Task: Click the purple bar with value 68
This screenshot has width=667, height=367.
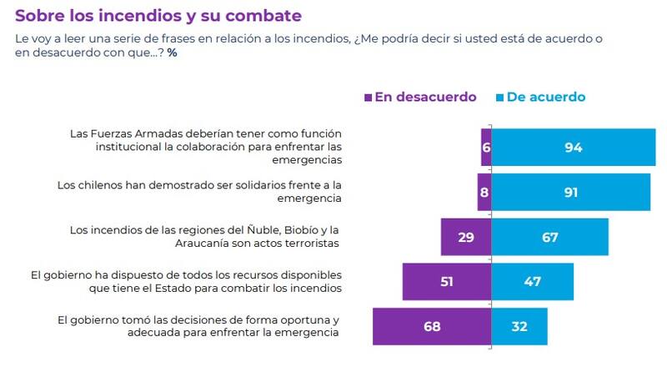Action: click(432, 326)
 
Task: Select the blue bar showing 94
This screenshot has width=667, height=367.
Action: click(573, 148)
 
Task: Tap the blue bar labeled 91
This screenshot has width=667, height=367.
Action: click(570, 192)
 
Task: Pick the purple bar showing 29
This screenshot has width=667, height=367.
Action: click(465, 237)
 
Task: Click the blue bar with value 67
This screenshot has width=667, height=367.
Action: click(549, 237)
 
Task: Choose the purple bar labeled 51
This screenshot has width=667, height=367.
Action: click(446, 281)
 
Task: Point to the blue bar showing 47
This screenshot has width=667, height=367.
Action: click(532, 281)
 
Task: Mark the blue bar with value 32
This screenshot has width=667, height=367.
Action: click(519, 326)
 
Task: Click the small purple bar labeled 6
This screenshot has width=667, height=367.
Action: click(485, 148)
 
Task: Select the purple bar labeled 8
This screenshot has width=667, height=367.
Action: click(484, 192)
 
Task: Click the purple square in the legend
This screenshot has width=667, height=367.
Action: click(369, 98)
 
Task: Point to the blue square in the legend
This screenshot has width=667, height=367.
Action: click(499, 98)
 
